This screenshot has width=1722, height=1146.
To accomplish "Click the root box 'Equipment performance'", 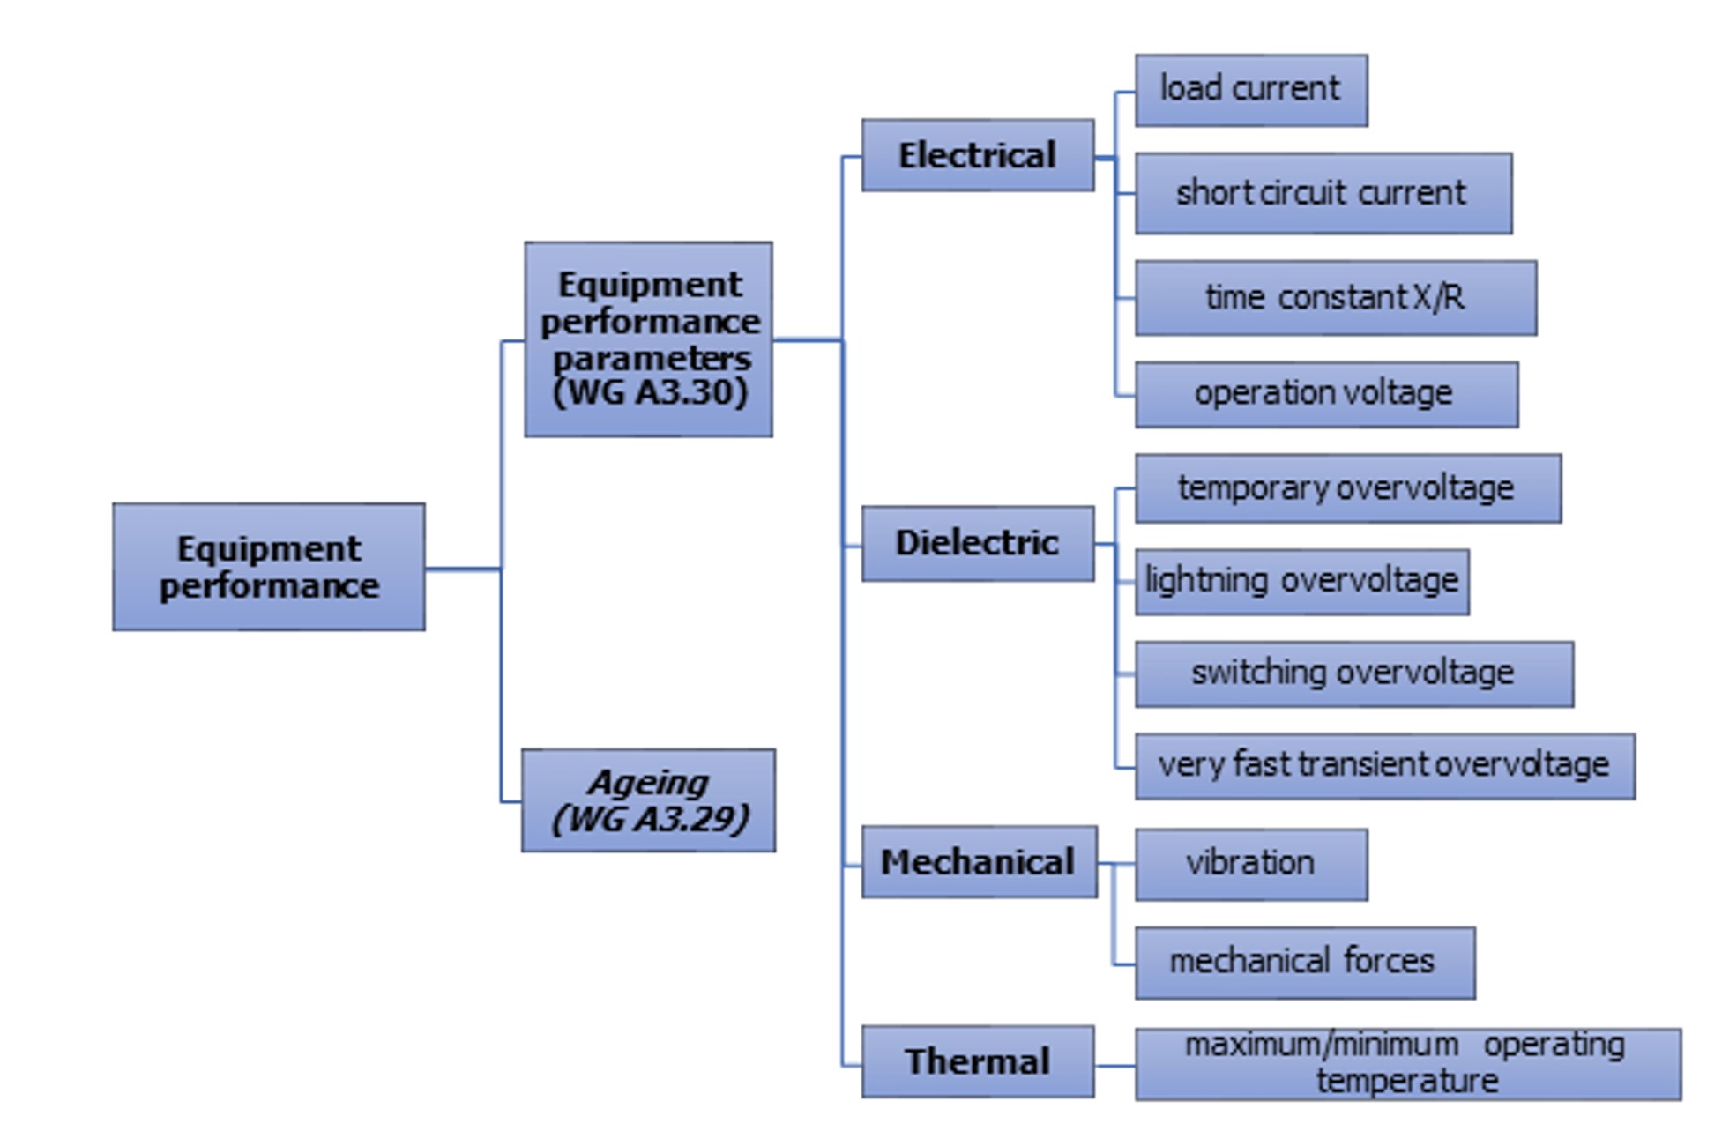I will (268, 567).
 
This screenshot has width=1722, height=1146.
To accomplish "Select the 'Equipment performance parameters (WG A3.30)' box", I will (648, 339).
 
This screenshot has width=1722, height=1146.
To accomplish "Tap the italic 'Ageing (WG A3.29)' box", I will (648, 800).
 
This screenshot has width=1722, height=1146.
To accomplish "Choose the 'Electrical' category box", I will (977, 155).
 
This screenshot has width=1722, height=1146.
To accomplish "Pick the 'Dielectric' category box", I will (977, 543).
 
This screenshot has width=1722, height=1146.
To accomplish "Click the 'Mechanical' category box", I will (979, 862).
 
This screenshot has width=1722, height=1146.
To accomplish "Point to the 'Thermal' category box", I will (977, 1061).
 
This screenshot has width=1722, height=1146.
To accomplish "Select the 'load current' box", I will (1250, 90).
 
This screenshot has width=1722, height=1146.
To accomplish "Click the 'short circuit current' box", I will (1323, 193).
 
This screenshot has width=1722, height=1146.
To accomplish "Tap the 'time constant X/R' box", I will (1335, 298).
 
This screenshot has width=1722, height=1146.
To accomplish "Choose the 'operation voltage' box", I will (1325, 394).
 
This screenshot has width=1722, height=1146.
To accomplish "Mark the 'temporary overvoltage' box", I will (1347, 488).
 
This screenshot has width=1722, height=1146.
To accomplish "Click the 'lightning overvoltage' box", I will (1301, 582).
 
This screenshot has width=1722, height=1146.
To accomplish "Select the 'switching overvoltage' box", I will (1353, 674).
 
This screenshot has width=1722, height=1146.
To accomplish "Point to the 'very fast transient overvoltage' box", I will (1384, 766).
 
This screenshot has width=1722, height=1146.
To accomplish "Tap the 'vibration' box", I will (1250, 864).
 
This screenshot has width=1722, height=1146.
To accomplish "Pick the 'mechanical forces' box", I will (1304, 963).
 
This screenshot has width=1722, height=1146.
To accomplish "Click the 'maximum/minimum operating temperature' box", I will (1407, 1064).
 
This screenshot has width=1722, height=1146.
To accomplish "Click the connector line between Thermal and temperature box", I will (1114, 1066).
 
